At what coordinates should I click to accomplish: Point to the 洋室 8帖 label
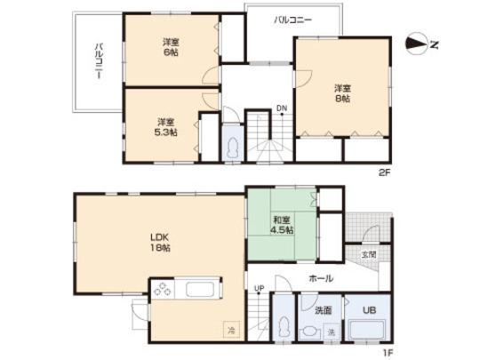pyautogui.click(x=342, y=92)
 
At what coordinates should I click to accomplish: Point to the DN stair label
pyautogui.click(x=281, y=108)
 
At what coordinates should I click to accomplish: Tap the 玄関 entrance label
pyautogui.click(x=369, y=255)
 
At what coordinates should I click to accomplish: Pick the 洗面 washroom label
pyautogui.click(x=323, y=310)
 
